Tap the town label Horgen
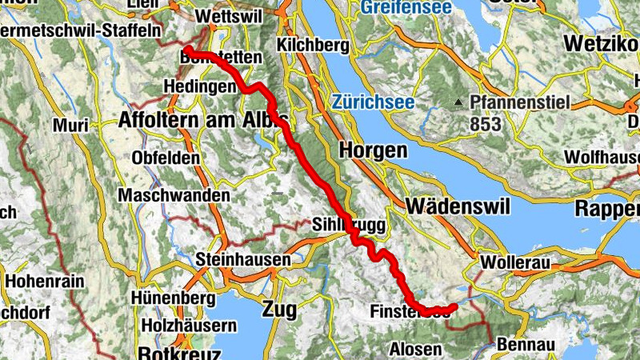click(x=373, y=150)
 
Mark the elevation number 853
click(x=486, y=124)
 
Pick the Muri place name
click(x=70, y=126)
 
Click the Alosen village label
click(x=415, y=350)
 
